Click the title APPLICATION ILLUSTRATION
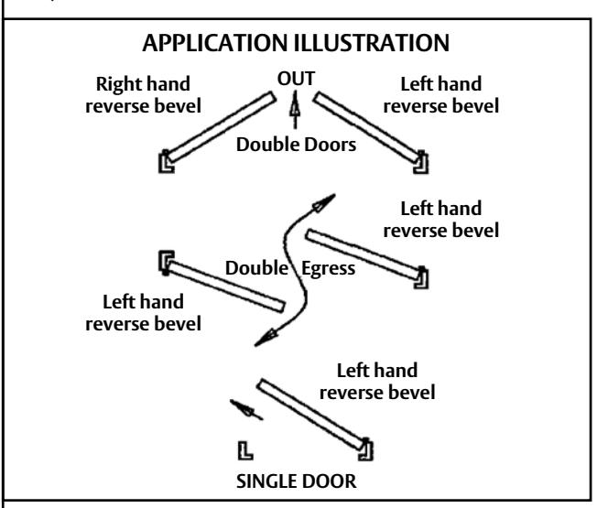click(296, 43)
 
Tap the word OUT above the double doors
click(296, 79)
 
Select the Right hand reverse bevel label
click(143, 95)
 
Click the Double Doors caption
click(297, 145)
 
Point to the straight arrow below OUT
click(295, 109)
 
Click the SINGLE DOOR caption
click(297, 481)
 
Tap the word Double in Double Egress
click(256, 268)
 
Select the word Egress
click(328, 268)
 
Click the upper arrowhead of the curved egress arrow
click(323, 202)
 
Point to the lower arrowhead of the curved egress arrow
click(266, 338)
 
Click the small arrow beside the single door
click(246, 409)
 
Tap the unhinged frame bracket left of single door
click(244, 451)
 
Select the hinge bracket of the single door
click(366, 450)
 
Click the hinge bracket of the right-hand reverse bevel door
click(166, 162)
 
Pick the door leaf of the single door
click(310, 415)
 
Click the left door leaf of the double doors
click(222, 126)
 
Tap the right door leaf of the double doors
click(367, 127)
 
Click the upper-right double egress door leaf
click(364, 254)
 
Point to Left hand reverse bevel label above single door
click(377, 382)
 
